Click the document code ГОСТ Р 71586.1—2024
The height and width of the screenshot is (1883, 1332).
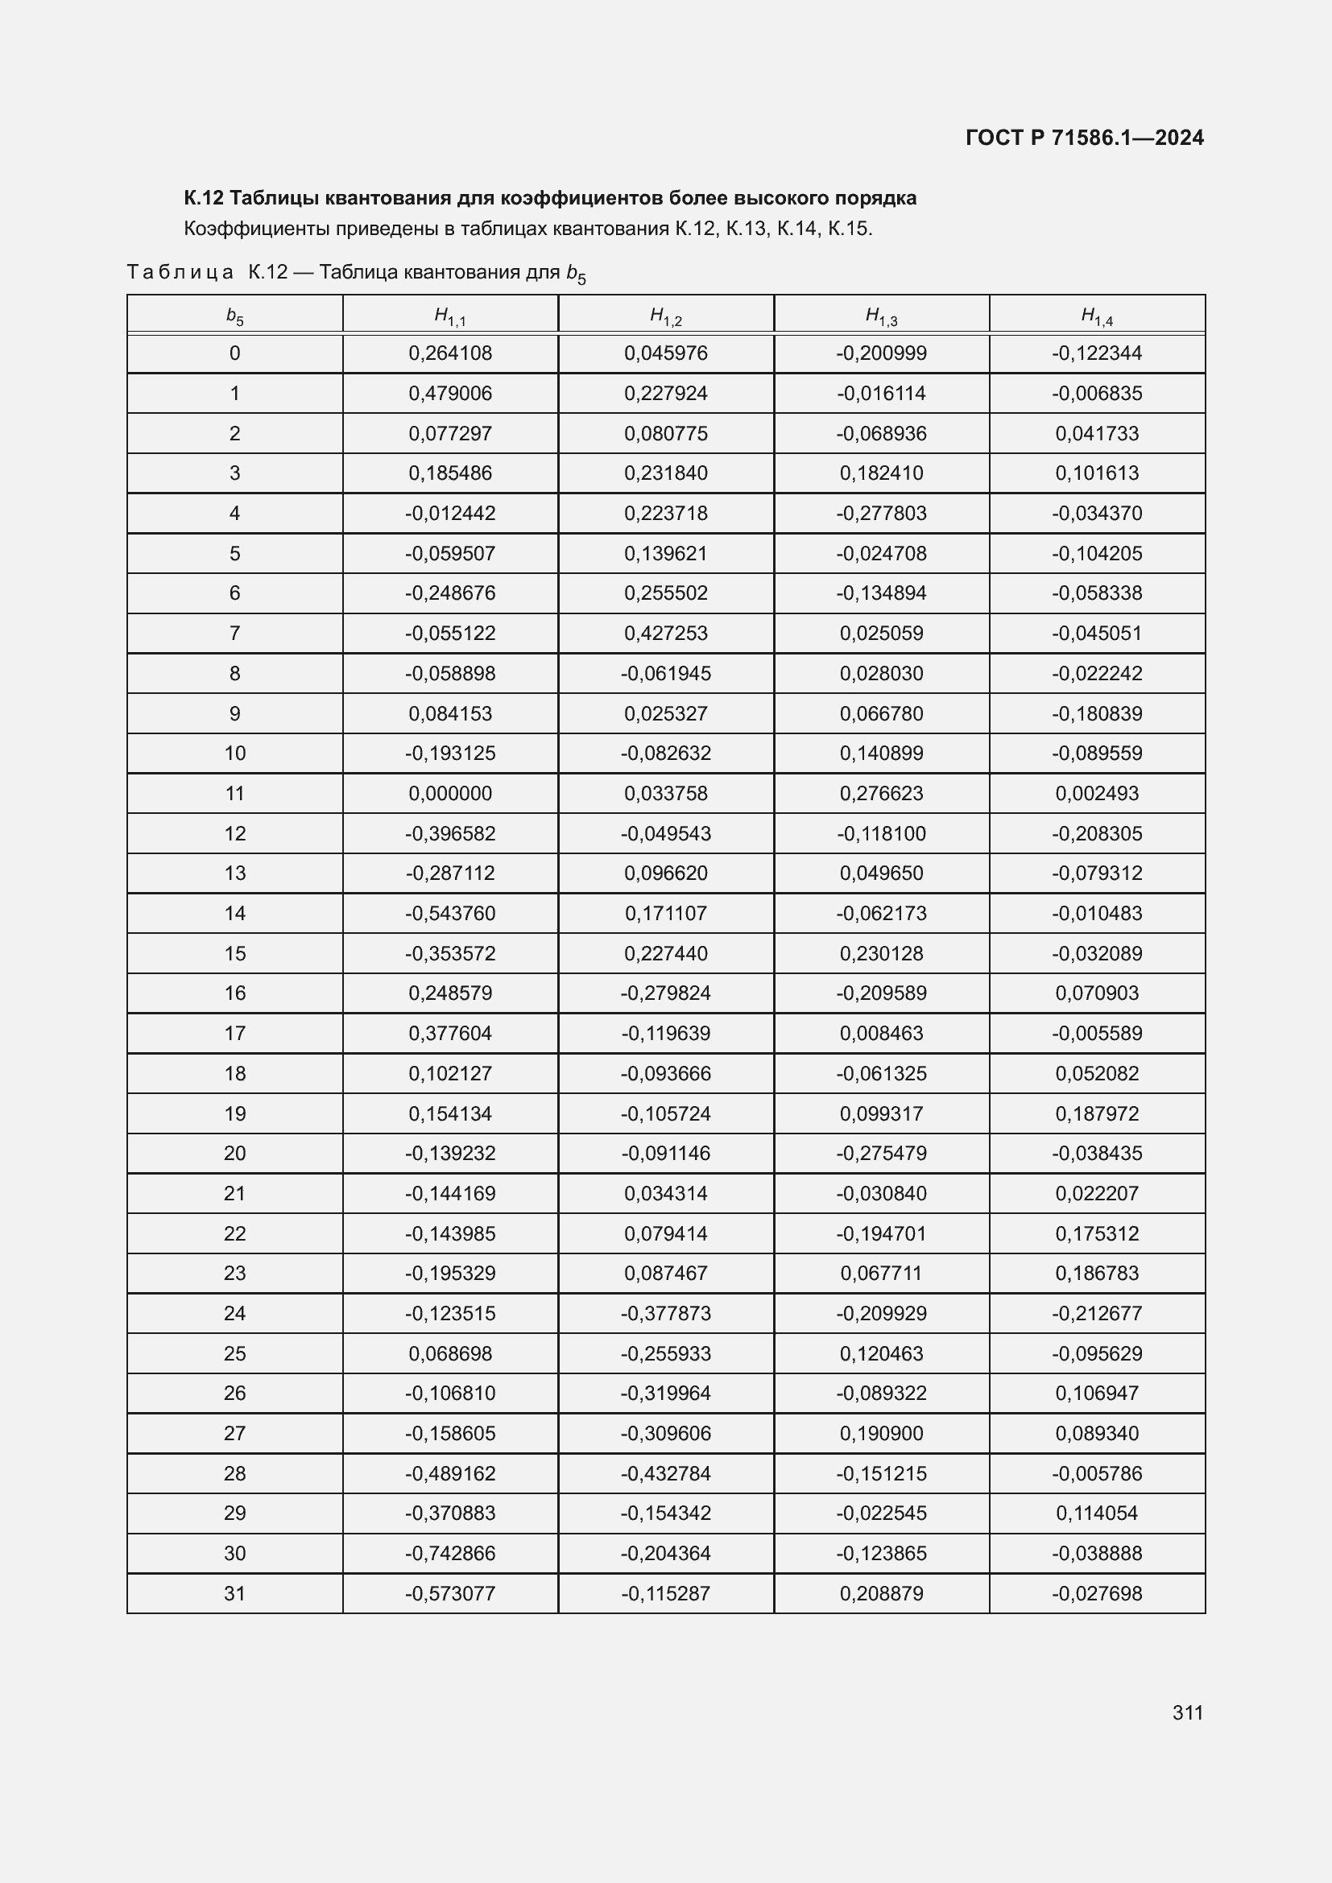click(1084, 138)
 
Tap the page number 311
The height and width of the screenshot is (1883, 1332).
click(1188, 1712)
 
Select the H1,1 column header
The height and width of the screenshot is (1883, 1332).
click(450, 315)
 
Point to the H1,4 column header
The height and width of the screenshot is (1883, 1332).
click(1097, 315)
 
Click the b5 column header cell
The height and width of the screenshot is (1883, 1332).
click(234, 315)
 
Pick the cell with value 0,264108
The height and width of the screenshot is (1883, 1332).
click(450, 353)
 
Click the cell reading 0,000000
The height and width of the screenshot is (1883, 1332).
click(450, 793)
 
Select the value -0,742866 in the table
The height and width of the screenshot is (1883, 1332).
click(450, 1553)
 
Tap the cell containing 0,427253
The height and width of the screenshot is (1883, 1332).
click(665, 633)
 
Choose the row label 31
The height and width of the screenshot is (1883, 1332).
click(234, 1593)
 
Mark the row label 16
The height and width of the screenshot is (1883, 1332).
click(234, 993)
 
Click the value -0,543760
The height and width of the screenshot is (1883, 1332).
click(450, 913)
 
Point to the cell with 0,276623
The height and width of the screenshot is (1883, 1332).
click(881, 793)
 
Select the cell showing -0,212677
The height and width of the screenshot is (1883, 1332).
click(1097, 1313)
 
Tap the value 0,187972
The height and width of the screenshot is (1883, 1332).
click(1097, 1113)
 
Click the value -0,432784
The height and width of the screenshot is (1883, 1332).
click(665, 1474)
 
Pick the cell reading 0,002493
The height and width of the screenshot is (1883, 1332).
click(1097, 793)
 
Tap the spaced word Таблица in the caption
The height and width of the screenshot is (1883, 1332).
click(180, 272)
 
